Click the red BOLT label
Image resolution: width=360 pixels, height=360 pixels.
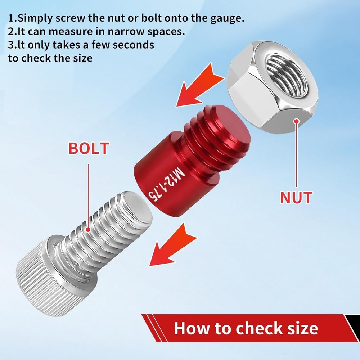pyautogui.click(x=88, y=148)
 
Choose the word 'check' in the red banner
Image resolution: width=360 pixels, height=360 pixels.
pyautogui.click(x=253, y=328)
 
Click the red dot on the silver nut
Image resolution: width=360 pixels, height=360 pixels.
pyautogui.click(x=296, y=121)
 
